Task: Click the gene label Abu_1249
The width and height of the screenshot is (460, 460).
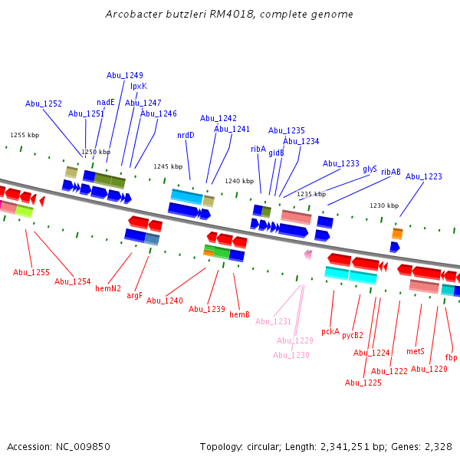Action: click(124, 75)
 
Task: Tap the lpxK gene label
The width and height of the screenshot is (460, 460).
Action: click(138, 86)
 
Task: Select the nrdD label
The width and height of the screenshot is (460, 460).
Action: click(186, 135)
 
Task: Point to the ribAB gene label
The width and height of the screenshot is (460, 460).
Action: click(390, 172)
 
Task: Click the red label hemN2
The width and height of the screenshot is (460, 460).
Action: click(108, 288)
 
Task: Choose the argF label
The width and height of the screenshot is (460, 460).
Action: click(134, 295)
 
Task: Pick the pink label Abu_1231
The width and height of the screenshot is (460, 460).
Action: click(274, 321)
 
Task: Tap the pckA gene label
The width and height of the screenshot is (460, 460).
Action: click(330, 331)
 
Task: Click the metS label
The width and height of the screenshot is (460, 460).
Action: click(416, 351)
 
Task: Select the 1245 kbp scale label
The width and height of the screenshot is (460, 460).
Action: click(168, 166)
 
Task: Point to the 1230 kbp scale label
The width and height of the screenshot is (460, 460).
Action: click(384, 205)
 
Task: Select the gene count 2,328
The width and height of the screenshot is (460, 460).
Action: click(438, 446)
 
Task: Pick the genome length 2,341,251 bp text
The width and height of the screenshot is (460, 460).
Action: click(348, 446)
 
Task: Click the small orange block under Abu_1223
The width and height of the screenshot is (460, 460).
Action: click(397, 233)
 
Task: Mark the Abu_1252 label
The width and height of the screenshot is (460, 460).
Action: click(44, 103)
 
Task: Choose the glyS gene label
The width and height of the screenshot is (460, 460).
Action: click(370, 169)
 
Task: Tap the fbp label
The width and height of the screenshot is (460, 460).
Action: click(451, 357)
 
